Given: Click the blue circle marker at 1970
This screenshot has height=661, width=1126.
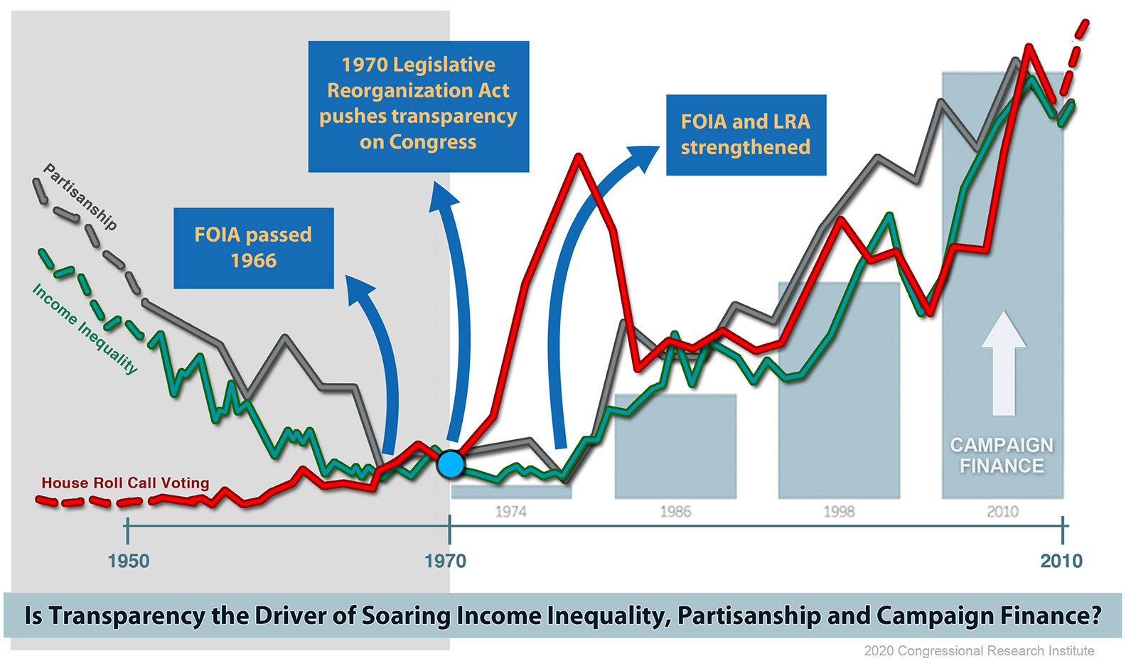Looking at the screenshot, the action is click(x=451, y=464).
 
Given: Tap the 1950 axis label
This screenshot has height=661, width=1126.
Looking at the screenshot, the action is click(x=129, y=561).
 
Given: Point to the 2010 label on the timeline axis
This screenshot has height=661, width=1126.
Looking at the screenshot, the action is click(x=1061, y=561).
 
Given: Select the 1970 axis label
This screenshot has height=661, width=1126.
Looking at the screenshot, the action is click(x=446, y=561).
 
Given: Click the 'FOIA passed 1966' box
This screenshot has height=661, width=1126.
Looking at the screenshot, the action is click(x=254, y=248).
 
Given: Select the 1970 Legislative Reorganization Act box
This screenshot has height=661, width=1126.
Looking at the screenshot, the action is click(x=419, y=107).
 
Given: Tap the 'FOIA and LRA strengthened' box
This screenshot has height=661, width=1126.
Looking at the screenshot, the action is click(x=746, y=135).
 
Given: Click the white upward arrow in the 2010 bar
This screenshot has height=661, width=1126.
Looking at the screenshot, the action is click(x=1004, y=363).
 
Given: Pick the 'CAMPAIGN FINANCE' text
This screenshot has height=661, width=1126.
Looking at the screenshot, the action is click(x=1002, y=456).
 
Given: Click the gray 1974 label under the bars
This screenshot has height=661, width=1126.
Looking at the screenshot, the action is click(x=510, y=512).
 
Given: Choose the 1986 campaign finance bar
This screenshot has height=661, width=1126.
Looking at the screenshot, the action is click(x=675, y=446).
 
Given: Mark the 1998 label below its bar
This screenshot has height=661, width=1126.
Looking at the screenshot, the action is click(x=839, y=512).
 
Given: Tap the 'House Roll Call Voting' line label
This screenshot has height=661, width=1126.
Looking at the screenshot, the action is click(x=125, y=483).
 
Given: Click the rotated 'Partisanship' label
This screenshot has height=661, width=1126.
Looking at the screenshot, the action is click(x=80, y=197).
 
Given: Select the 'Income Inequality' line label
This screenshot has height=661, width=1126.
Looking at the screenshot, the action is click(x=85, y=329).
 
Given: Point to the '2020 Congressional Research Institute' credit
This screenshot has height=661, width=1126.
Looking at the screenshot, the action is click(x=980, y=650).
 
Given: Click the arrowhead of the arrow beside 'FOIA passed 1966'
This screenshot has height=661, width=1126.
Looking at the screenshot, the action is click(x=359, y=289).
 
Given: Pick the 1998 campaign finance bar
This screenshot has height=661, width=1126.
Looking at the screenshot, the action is click(x=839, y=391).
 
